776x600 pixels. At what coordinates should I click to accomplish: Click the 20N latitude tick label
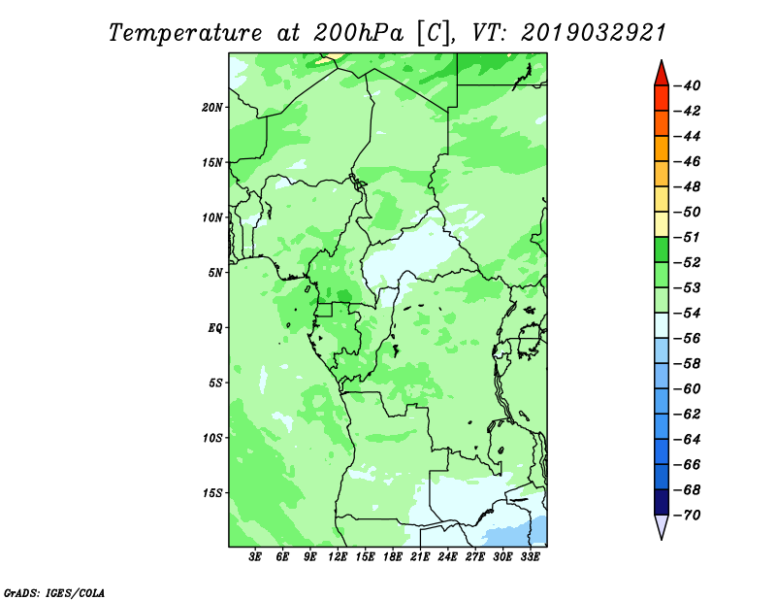(x=211, y=108)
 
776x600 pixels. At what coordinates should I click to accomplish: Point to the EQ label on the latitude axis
(x=214, y=328)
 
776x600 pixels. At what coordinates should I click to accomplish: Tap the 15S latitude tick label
(x=211, y=493)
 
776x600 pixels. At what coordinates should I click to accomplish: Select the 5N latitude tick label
(x=214, y=273)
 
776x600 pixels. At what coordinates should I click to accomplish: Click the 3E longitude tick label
(x=255, y=556)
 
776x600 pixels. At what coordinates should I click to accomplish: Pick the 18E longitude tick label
(x=393, y=556)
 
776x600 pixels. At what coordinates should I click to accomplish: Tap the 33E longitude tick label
(x=530, y=556)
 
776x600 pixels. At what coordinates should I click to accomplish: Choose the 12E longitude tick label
(x=338, y=556)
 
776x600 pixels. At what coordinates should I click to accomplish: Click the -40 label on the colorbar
(x=688, y=85)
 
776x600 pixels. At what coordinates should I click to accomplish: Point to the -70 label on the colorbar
(x=688, y=516)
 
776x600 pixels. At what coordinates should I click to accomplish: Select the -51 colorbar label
(x=688, y=237)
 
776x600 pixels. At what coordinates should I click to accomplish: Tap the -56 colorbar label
(x=688, y=339)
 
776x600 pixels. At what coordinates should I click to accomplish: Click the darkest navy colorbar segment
(x=662, y=502)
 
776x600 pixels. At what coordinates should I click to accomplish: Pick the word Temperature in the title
(x=185, y=33)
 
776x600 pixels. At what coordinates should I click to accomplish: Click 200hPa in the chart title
(x=359, y=33)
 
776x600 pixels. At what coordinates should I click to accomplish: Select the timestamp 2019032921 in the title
(x=594, y=33)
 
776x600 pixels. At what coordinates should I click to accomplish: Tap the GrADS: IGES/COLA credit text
(x=54, y=592)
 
